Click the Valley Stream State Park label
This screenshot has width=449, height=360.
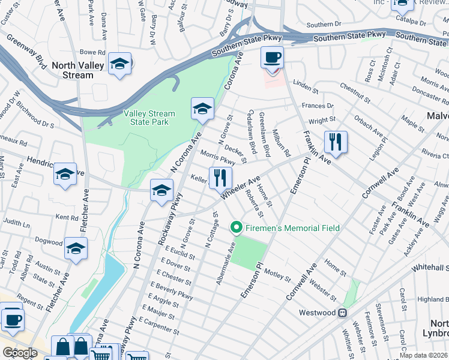[149, 118]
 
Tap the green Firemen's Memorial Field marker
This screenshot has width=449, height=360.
[237, 228]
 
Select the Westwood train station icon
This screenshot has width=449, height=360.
[342, 313]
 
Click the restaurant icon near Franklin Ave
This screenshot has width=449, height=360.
[335, 143]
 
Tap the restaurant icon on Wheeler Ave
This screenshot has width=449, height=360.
[220, 178]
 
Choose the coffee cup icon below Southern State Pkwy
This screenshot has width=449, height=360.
[272, 58]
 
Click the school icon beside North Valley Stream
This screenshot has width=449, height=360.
[120, 65]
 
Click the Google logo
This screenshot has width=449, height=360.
[20, 353]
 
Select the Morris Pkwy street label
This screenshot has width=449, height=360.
[217, 159]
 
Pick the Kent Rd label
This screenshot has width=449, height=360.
[66, 217]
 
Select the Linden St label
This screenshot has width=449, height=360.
[306, 88]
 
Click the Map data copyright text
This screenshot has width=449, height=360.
[424, 355]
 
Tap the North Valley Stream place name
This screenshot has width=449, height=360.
[81, 70]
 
